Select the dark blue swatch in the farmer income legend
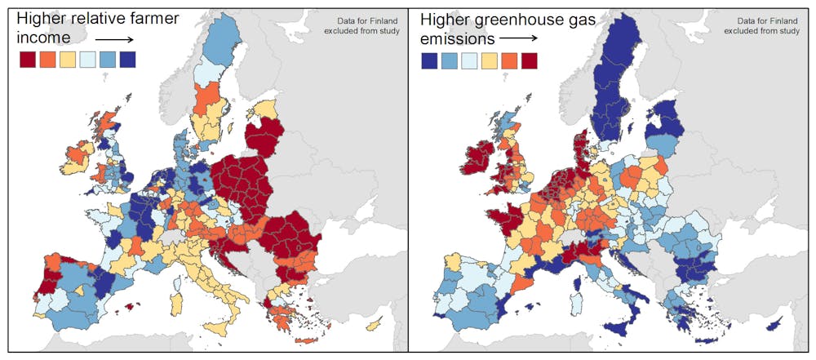127,59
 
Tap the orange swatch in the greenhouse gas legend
509,59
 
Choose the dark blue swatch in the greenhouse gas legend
430,59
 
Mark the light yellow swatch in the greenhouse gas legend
490,59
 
